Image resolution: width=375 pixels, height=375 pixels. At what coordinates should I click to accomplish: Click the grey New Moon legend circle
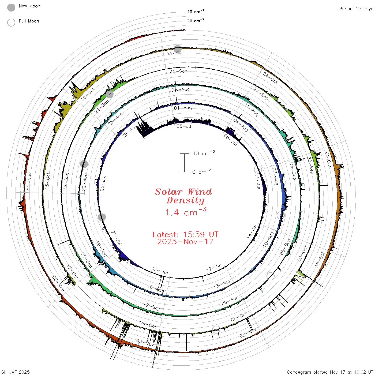pos(11,7)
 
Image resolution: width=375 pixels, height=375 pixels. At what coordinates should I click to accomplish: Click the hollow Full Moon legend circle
pos(11,22)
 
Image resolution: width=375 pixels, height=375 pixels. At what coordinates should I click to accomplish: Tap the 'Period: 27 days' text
pos(356,9)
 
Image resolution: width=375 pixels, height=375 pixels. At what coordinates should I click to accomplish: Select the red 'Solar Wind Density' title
pos(183,196)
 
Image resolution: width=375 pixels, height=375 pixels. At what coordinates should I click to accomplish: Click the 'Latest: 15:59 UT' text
pos(185,234)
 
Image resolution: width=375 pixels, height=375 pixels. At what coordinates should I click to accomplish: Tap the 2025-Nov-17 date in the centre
pos(185,242)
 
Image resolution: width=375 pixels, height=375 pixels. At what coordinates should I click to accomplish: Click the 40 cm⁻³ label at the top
pos(196,12)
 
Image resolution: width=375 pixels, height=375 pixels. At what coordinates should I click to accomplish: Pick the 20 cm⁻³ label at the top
pos(196,20)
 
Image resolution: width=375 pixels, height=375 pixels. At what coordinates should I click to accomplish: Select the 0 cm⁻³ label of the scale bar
pos(202,171)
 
